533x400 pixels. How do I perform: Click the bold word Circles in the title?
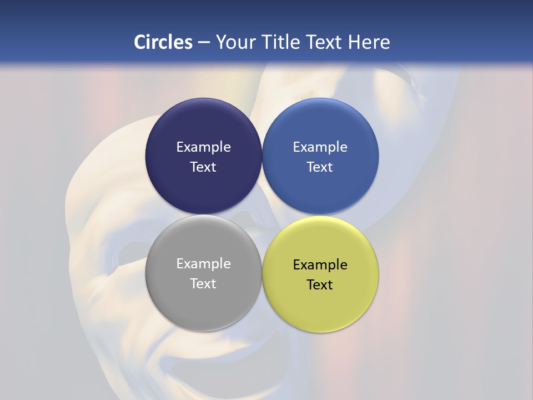point(163,42)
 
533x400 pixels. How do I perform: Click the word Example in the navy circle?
point(203,147)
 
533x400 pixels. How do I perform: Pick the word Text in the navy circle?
point(203,167)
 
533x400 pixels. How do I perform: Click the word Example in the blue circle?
point(320,147)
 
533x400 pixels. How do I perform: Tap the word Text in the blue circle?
point(320,167)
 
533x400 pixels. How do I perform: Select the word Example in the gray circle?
point(203,264)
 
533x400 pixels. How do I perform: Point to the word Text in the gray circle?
point(203,283)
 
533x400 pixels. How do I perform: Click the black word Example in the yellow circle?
point(320,265)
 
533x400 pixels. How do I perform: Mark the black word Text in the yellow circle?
point(320,284)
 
